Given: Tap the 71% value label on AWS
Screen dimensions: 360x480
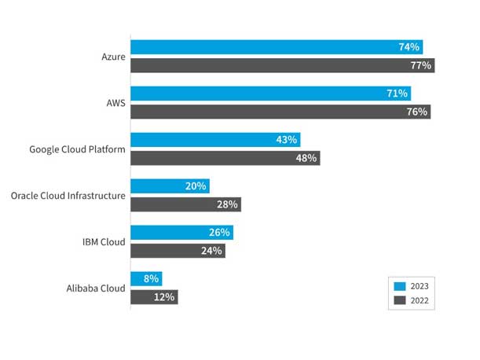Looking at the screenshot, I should coord(398,94).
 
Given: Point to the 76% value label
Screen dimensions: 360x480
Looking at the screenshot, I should coord(417,112).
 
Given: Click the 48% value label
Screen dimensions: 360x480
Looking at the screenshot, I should coord(306,158).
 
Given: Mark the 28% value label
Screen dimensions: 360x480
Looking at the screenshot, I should coord(227,204).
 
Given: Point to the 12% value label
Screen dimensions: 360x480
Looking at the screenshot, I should coord(165,297).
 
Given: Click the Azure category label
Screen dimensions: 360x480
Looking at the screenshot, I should coord(113,57).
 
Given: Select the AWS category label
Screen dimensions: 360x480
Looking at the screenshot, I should coord(114,103).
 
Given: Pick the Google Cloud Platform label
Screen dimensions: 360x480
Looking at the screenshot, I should coord(77,149).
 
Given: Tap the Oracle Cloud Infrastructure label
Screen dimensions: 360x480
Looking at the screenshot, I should coord(68,196).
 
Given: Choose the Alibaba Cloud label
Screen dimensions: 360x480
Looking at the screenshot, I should coord(96,288).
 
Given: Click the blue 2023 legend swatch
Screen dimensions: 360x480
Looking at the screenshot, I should coord(399,286).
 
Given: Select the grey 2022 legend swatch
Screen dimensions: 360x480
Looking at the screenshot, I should coord(399,300).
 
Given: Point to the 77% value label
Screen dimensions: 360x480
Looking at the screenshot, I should coord(420,65).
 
